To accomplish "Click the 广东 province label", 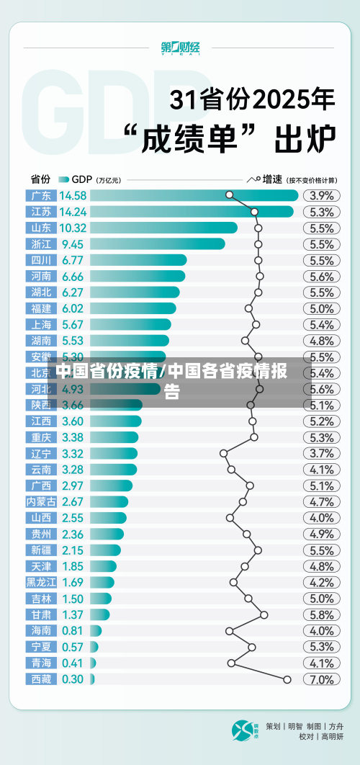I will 40,195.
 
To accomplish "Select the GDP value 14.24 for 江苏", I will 73,212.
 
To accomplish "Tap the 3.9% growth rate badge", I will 321,195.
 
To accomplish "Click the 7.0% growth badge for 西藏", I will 321,679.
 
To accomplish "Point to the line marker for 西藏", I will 287,679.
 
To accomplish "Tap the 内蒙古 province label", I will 40,501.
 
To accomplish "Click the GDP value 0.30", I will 73,679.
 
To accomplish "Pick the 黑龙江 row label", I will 40,582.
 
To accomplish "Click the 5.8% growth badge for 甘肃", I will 321,614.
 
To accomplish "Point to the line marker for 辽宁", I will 223,453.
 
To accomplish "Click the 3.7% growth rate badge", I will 321,453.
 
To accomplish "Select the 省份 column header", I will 40,179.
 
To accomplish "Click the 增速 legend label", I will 271,179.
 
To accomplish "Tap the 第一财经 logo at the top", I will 180,48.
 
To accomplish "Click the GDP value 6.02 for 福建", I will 73,308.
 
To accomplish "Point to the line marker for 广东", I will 229,194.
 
